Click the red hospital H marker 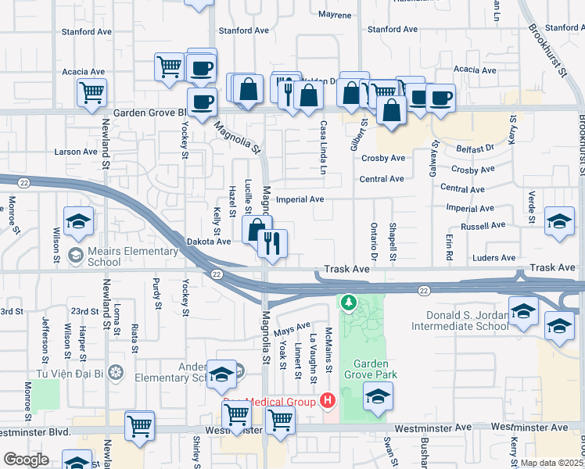tap(328, 402)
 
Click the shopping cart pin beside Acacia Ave tap(92, 93)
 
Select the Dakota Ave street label tap(209, 242)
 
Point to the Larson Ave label tap(74, 151)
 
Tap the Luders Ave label tap(496, 257)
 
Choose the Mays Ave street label tap(292, 330)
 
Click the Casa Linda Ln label tap(322, 147)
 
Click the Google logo tap(26, 460)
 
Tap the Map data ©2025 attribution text tap(552, 463)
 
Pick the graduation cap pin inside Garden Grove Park tap(378, 398)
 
